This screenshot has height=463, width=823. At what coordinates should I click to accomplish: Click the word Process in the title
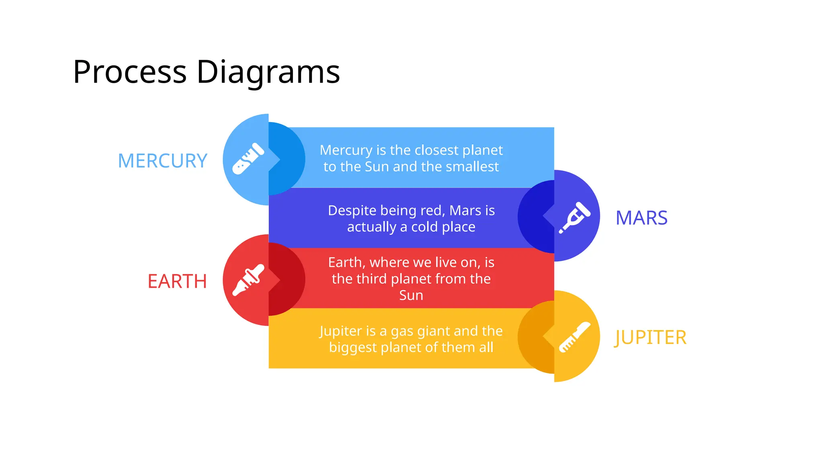(x=129, y=72)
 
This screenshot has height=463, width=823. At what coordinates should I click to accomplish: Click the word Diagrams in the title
(x=268, y=72)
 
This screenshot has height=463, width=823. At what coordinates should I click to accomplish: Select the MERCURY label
(x=162, y=161)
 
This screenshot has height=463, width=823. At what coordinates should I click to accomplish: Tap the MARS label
(x=641, y=218)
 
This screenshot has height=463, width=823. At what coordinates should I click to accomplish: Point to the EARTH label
(x=177, y=281)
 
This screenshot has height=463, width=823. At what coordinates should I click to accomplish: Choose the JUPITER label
(x=650, y=337)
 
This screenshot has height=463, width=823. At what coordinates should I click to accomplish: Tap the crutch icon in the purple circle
(x=575, y=217)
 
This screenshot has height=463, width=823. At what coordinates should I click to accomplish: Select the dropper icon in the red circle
(x=249, y=280)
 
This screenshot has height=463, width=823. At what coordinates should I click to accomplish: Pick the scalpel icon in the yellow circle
(x=575, y=337)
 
